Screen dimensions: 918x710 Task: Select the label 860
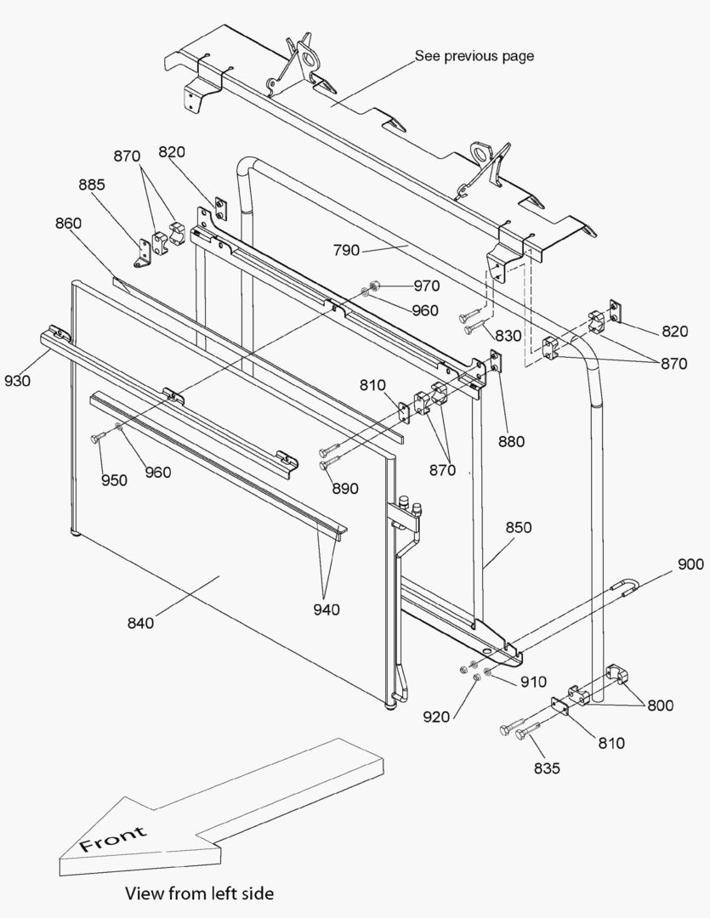[x=68, y=224]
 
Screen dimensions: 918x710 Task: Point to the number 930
[x=17, y=381]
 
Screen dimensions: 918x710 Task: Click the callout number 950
[x=114, y=480]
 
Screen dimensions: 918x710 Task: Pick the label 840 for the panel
[x=140, y=623]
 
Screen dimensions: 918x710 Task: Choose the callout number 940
[x=327, y=609]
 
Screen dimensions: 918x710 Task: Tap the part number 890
[x=345, y=489]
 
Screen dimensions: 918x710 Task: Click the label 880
[x=512, y=441]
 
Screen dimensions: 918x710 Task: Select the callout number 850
[x=518, y=527]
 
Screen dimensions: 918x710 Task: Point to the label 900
[x=690, y=564]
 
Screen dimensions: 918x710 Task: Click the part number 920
[x=437, y=717]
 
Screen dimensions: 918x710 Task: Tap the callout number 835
[x=547, y=768]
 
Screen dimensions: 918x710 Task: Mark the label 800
[x=661, y=705]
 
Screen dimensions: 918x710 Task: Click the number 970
[x=426, y=286]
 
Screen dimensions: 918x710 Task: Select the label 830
[x=508, y=337]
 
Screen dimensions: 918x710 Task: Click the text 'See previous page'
[x=474, y=56]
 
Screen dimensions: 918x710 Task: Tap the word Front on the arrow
[x=113, y=838]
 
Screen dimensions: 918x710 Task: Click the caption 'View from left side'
[x=200, y=893]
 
